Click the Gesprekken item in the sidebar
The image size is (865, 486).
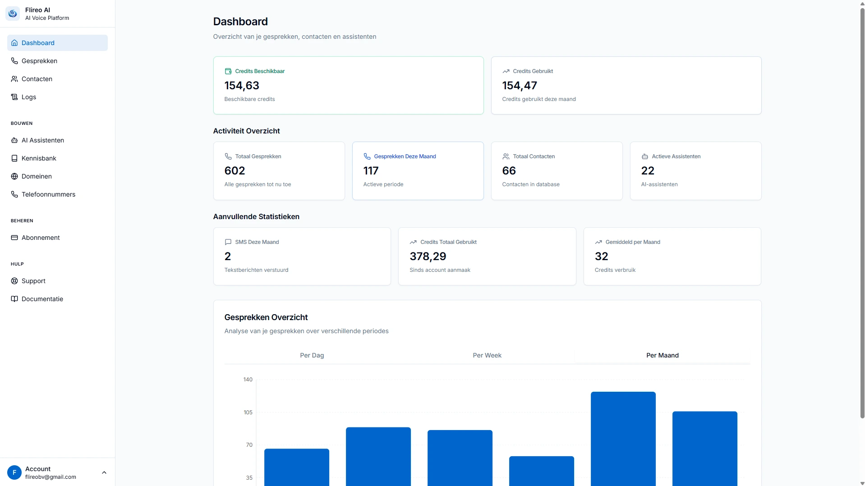(39, 61)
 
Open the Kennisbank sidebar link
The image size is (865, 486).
(39, 158)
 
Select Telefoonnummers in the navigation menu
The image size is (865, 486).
(48, 194)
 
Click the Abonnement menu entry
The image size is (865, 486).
(41, 238)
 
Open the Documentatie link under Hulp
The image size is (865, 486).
(42, 299)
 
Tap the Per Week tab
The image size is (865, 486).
(487, 355)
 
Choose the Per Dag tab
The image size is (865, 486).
(312, 355)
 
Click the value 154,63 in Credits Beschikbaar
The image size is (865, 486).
(242, 86)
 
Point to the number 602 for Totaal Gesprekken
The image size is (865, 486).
(235, 171)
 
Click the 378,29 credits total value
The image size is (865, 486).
(428, 257)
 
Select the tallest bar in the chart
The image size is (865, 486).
(623, 437)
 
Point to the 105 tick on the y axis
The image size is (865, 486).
(248, 413)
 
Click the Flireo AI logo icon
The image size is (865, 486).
(13, 14)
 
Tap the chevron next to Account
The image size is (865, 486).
(104, 472)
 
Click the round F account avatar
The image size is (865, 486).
(14, 472)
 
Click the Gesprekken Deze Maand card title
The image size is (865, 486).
(405, 156)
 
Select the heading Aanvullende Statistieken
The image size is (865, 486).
(256, 216)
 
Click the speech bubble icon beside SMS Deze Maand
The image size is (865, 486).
(228, 242)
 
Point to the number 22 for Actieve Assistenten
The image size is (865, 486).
(647, 171)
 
